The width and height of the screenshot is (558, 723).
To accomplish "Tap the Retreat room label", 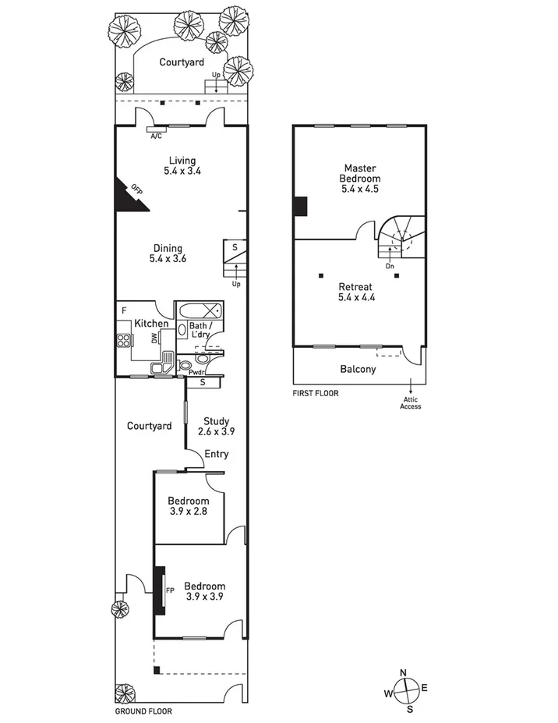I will click(357, 291).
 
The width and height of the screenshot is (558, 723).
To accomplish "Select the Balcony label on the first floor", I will click(358, 369).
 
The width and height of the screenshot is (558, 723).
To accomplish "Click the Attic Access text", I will click(411, 402).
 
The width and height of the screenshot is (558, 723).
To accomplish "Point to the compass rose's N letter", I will click(403, 673).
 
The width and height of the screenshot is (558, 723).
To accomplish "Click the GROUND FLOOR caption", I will click(143, 711).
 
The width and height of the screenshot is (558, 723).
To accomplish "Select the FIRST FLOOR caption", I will click(316, 394).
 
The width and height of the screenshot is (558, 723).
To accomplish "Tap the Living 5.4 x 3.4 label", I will click(182, 165).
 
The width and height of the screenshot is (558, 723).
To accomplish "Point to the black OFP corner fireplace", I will click(129, 195).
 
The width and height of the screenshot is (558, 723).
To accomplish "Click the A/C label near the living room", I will click(156, 135).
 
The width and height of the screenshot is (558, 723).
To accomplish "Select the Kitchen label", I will click(151, 323).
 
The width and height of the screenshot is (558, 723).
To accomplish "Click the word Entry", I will click(216, 454).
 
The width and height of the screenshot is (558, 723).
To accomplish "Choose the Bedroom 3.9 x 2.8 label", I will click(189, 505).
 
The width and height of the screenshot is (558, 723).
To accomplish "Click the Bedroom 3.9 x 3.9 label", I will click(205, 591).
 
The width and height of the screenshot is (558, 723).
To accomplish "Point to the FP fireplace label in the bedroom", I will click(169, 590).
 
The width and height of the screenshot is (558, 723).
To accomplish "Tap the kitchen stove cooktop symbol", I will click(123, 339).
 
